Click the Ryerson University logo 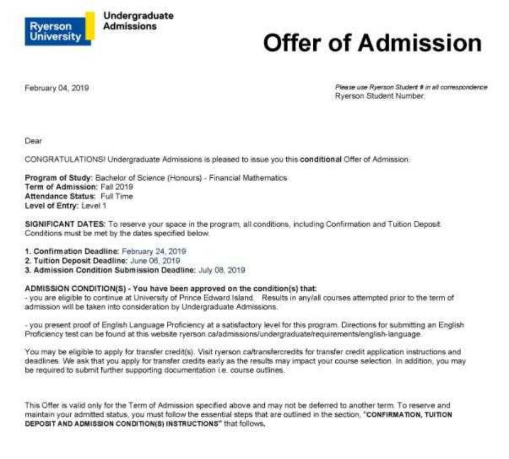tap(59, 30)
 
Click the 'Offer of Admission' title tap(372, 43)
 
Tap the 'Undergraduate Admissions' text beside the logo tap(138, 21)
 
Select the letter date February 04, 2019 tap(57, 88)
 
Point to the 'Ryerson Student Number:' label tap(380, 96)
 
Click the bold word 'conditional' tap(321, 159)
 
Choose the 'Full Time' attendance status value tap(117, 196)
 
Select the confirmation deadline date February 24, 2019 tap(154, 251)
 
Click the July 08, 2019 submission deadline tap(222, 270)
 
